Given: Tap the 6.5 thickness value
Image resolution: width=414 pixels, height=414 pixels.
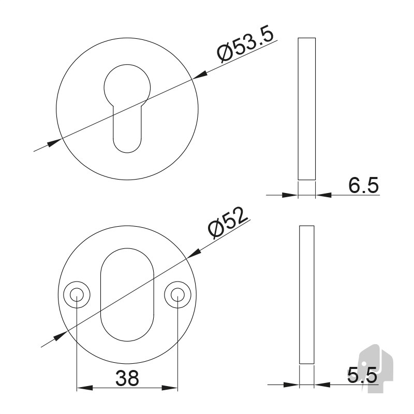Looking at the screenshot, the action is tap(364, 185).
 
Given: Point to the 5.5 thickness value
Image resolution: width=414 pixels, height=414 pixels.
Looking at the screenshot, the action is tap(362, 375).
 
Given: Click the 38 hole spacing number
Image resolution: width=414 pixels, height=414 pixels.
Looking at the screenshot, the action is tap(127, 378).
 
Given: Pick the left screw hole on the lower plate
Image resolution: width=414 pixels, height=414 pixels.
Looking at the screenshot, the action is tap(77, 294).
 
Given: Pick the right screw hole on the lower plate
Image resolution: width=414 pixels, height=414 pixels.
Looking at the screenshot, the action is tap(178, 294).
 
